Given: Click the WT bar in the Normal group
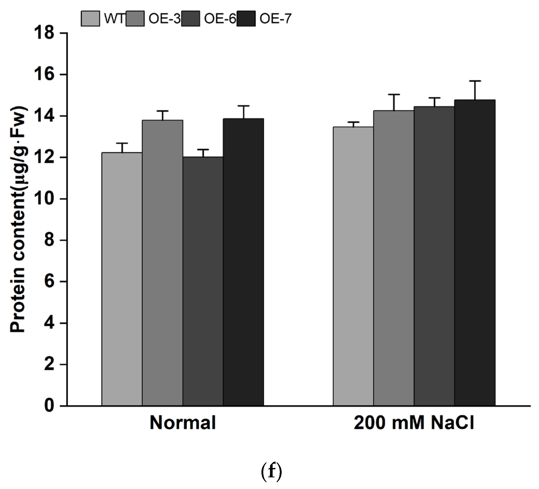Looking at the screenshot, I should point(122,279).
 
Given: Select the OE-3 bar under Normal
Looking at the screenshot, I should point(163,263).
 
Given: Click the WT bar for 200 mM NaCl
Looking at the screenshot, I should point(353,266).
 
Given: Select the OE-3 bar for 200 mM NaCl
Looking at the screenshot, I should point(394,258).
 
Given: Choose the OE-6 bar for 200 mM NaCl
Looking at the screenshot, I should point(434,256).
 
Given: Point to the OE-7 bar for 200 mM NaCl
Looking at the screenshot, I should point(475,253).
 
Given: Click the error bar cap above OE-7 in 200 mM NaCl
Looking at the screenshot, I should point(475,81).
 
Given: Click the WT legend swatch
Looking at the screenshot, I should point(90,19).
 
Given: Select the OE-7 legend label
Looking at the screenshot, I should point(275,19).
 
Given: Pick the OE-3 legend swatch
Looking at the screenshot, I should point(135,19).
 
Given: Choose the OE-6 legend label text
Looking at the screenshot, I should point(220,19).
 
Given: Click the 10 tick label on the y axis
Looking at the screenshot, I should point(44,199).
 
